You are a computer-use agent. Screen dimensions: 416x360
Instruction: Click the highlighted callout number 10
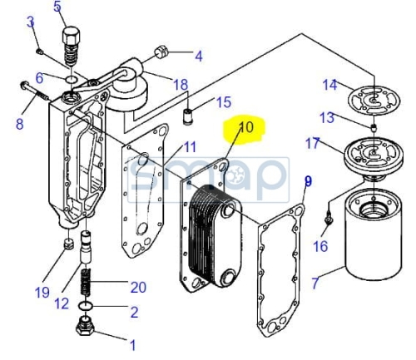(246, 127)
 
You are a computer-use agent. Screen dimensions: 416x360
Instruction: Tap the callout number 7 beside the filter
(315, 283)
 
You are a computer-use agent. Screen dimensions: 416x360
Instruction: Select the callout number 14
(329, 84)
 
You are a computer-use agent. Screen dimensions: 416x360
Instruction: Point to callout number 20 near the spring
(138, 287)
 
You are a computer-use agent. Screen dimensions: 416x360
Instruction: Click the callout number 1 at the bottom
(133, 345)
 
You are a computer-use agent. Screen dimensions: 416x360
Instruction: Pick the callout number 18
(181, 84)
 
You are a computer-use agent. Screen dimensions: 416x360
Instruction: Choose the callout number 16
(320, 246)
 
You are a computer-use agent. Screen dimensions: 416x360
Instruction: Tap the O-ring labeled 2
(86, 306)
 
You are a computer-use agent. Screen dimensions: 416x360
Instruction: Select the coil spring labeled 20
(86, 282)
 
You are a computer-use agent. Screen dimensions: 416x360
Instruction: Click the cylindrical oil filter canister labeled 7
(373, 235)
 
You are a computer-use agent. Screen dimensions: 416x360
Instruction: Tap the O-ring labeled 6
(72, 79)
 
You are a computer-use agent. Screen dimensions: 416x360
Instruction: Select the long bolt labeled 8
(35, 91)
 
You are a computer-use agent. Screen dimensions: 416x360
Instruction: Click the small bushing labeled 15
(188, 117)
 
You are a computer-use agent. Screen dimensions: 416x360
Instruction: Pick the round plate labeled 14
(374, 100)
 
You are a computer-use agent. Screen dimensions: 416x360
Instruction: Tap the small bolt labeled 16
(329, 219)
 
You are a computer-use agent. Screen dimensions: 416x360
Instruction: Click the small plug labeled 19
(68, 244)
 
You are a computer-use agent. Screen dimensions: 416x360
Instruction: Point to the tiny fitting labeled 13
(374, 128)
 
